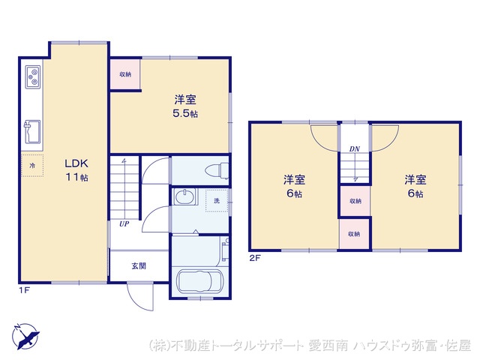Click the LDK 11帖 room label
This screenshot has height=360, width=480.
pyautogui.click(x=76, y=170)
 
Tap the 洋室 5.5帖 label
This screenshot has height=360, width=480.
pyautogui.click(x=187, y=106)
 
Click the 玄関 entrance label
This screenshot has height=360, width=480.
pyautogui.click(x=139, y=265)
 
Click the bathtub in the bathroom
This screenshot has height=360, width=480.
pyautogui.click(x=199, y=283)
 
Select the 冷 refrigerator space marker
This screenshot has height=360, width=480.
pyautogui.click(x=32, y=164)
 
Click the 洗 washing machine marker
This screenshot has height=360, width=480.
pyautogui.click(x=217, y=200)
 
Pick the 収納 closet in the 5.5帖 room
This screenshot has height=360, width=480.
pyautogui.click(x=124, y=74)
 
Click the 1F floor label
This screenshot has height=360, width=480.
pyautogui.click(x=25, y=289)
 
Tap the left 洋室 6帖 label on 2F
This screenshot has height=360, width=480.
pyautogui.click(x=294, y=186)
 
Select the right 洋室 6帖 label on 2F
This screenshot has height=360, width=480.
pyautogui.click(x=415, y=186)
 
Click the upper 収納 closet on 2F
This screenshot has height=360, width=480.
pyautogui.click(x=354, y=201)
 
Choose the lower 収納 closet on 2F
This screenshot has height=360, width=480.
pyautogui.click(x=354, y=233)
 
